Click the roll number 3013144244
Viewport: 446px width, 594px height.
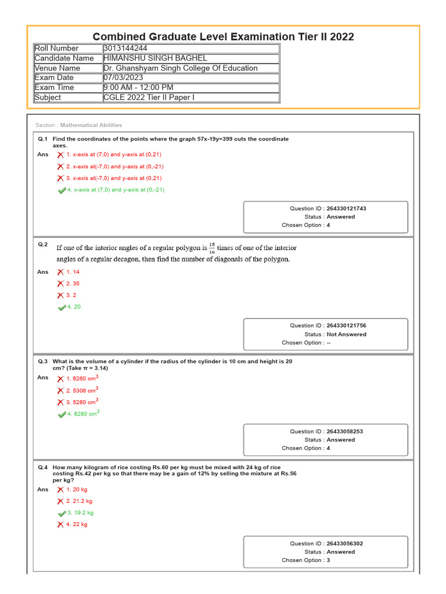tap(124, 48)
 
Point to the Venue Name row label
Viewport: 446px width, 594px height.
tap(57, 68)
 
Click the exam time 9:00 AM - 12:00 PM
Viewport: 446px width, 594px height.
tap(138, 88)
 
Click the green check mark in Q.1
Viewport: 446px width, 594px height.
tap(62, 190)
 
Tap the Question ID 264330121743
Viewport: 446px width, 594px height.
tap(346, 208)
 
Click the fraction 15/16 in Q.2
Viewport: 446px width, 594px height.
tap(212, 248)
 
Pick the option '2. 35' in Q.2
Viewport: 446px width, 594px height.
tap(73, 284)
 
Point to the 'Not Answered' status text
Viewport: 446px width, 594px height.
tap(347, 334)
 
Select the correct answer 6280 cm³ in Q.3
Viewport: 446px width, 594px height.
tap(83, 414)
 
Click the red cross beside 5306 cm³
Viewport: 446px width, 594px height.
tap(60, 390)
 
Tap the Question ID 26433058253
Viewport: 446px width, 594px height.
tap(344, 432)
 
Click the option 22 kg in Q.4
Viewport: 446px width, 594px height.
tap(77, 524)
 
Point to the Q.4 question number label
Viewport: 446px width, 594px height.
tap(42, 468)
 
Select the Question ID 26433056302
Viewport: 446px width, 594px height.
tap(344, 544)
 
